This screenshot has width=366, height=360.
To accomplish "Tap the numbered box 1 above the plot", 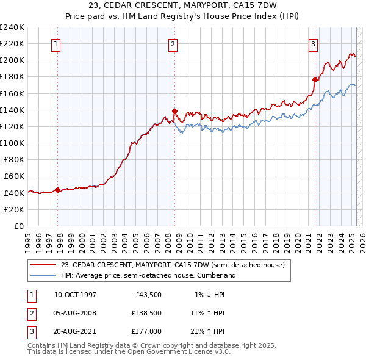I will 56,44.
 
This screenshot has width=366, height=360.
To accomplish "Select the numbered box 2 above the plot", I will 173,44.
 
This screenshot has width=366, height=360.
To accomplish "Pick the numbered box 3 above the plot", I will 313,44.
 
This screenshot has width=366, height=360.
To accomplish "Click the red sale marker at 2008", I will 174,111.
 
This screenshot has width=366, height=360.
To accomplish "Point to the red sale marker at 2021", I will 315,79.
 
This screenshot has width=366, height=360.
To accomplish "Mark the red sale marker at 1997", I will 57,190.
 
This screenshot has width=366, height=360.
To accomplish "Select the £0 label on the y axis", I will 20,226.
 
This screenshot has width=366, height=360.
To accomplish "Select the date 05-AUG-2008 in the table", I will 75,314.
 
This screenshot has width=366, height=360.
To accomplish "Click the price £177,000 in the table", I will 146,331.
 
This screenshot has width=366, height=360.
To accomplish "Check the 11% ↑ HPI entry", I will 207,314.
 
